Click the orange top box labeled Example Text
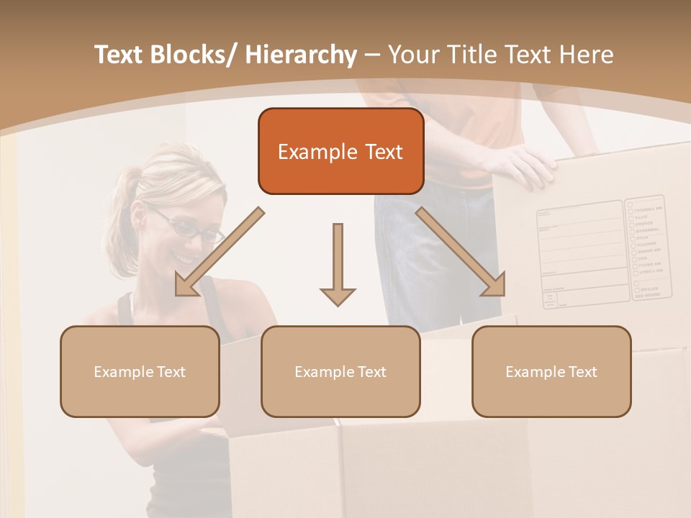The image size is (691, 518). pyautogui.click(x=340, y=151)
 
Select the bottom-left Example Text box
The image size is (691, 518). pyautogui.click(x=140, y=371)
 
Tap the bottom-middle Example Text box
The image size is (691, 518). pyautogui.click(x=340, y=371)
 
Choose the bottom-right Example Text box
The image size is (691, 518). pyautogui.click(x=551, y=371)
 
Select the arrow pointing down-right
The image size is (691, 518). pyautogui.click(x=461, y=253)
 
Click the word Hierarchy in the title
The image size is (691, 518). pyautogui.click(x=301, y=55)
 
